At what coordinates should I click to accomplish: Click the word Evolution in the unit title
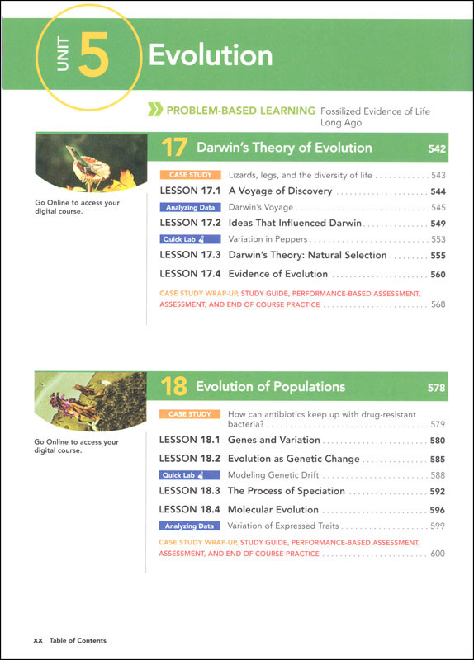coord(210,55)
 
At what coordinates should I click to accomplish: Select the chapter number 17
coord(175,148)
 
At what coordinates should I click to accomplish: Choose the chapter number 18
coord(175,387)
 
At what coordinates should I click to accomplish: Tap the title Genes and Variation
coord(273,441)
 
